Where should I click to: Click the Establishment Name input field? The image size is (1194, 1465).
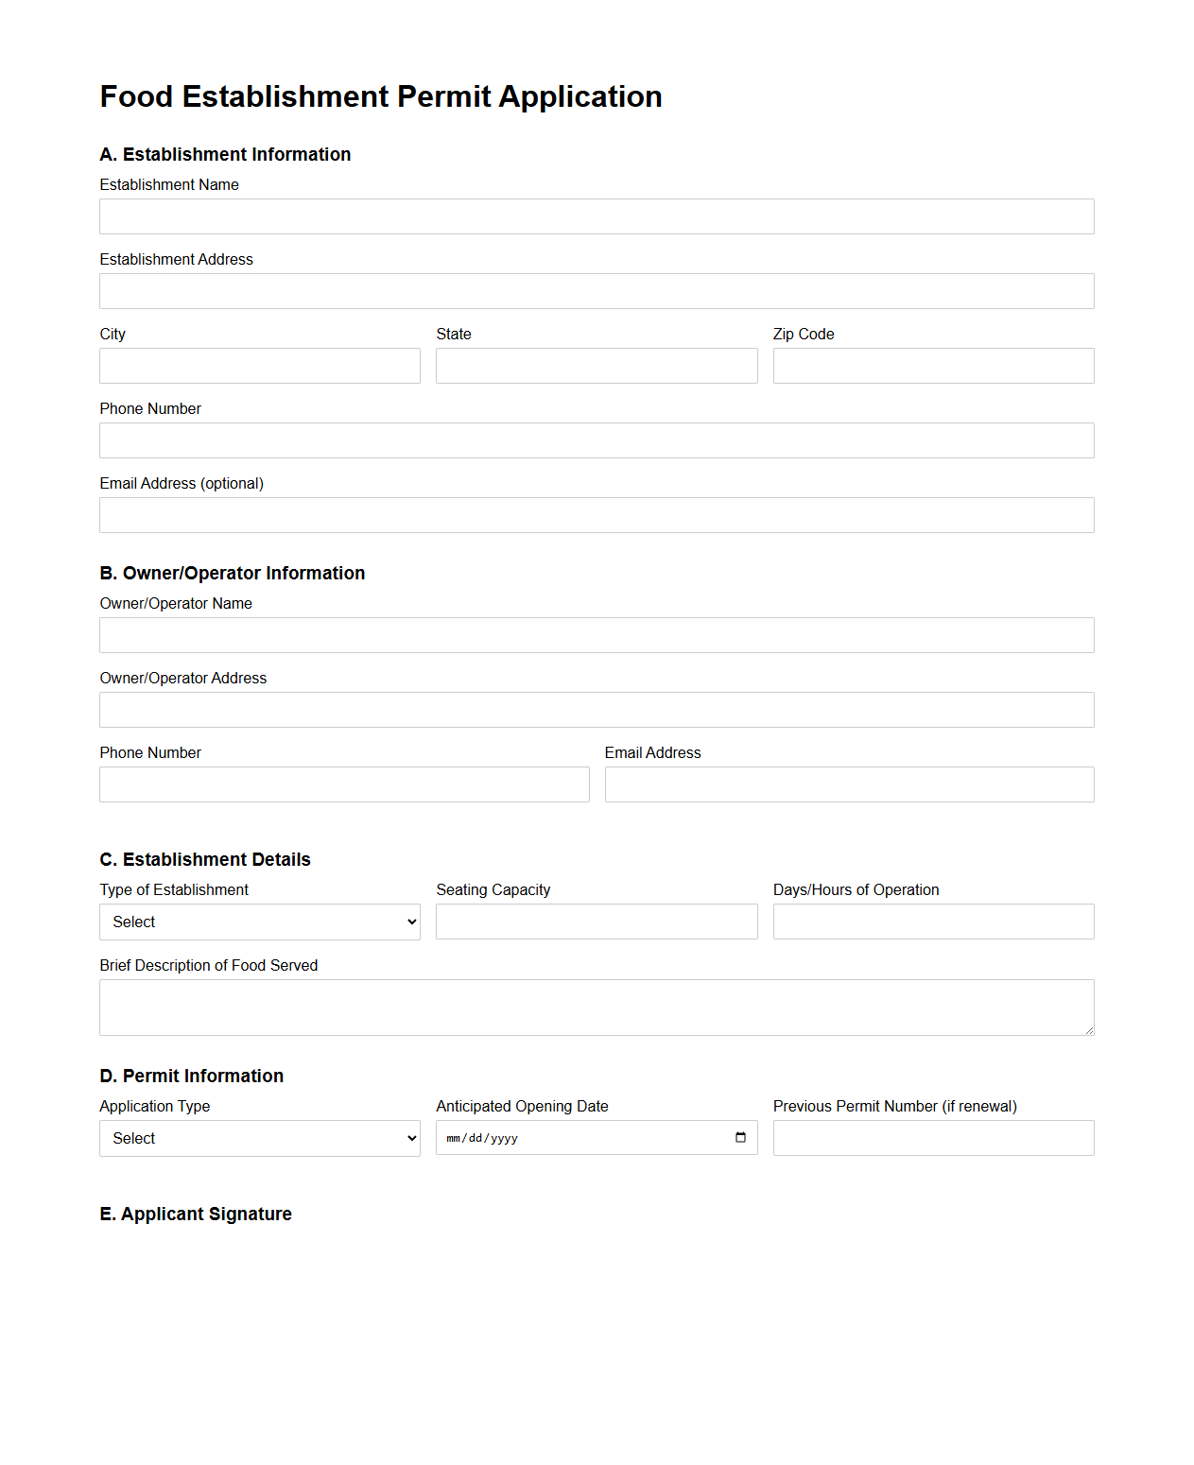point(597,216)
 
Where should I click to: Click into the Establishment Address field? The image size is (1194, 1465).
point(597,291)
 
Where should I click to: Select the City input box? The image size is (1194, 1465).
point(260,366)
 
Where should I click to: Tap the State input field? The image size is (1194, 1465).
point(597,366)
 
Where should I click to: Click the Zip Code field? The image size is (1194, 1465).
point(933,366)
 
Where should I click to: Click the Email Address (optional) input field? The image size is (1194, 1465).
point(597,515)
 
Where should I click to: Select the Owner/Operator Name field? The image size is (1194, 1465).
point(597,635)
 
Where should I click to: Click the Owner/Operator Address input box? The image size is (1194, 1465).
point(597,710)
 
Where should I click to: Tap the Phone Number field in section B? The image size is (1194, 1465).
point(344,784)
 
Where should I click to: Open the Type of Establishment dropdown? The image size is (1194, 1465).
point(260,922)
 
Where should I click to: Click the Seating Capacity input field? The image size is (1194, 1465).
point(597,922)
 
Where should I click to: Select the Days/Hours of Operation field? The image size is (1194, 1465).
point(933,922)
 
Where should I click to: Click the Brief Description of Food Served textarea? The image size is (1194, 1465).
point(597,1007)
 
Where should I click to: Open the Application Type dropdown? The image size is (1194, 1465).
point(260,1138)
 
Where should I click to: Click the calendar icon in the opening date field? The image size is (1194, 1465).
point(740,1137)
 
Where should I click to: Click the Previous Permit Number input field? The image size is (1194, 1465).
point(933,1138)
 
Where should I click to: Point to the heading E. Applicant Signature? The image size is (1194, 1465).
point(196,1214)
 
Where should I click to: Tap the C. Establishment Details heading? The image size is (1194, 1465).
point(205,859)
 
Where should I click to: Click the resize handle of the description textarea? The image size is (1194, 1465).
point(1089,1030)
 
